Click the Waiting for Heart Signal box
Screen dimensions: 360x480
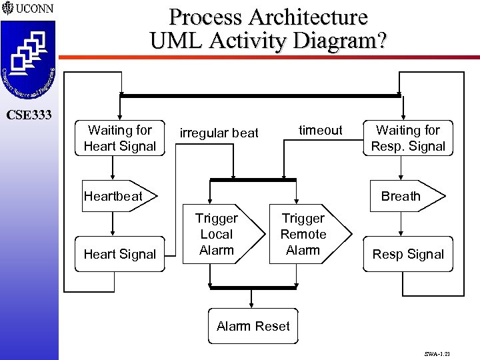click(120, 138)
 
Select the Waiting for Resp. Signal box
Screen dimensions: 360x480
click(408, 138)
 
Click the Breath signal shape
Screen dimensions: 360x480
click(403, 196)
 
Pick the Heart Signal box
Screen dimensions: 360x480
click(120, 254)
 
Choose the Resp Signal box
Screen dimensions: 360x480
click(408, 254)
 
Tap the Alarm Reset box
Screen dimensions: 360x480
click(253, 326)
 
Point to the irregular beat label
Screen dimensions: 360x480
click(219, 133)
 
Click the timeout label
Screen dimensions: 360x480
click(320, 130)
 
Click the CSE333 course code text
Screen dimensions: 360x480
click(29, 115)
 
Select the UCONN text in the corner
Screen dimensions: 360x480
click(34, 9)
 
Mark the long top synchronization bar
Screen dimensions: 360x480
click(260, 96)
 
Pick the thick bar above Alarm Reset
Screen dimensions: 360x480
click(253, 287)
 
